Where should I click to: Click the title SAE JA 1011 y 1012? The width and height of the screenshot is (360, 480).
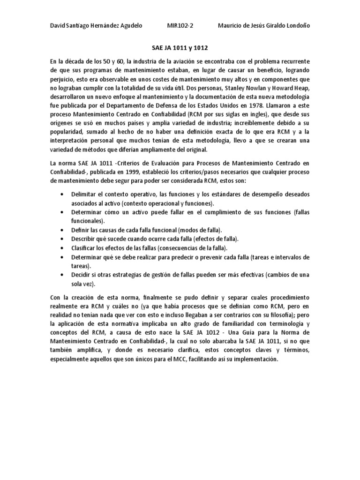tap(180, 48)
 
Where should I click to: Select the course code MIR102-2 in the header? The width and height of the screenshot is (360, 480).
tap(180, 25)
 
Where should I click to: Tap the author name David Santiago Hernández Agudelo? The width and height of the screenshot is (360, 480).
tap(96, 25)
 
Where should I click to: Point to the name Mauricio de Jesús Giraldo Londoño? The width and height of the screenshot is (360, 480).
tap(264, 25)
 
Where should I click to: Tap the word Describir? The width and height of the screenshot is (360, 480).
tap(85, 239)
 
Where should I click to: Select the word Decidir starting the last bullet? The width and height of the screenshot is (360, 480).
tap(82, 274)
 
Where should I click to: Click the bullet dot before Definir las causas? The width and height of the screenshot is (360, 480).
tap(63, 230)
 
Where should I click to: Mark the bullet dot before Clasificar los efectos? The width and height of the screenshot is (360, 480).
tap(63, 247)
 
